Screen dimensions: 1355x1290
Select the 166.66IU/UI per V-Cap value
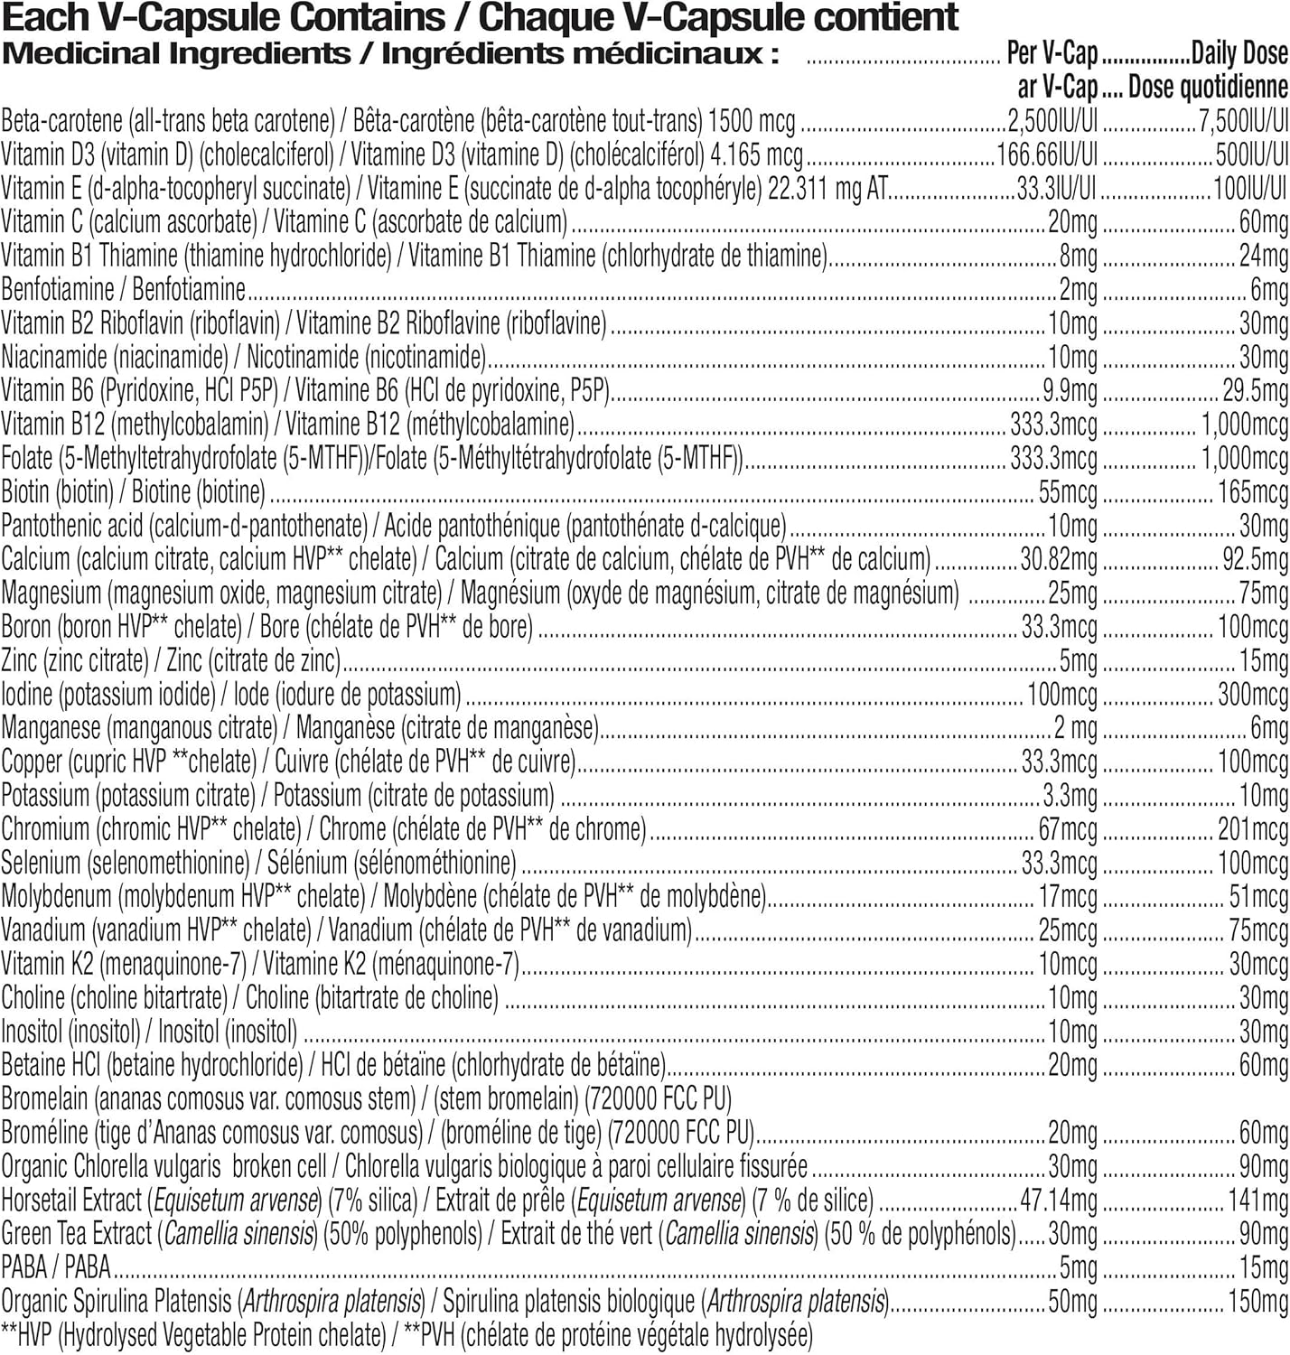point(1047,154)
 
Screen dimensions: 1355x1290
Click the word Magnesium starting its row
point(51,593)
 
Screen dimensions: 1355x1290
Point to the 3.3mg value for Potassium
point(1070,796)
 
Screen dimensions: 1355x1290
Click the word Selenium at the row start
point(42,864)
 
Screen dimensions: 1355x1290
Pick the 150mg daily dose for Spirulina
point(1257,1302)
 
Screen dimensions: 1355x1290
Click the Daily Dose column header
point(1239,54)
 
